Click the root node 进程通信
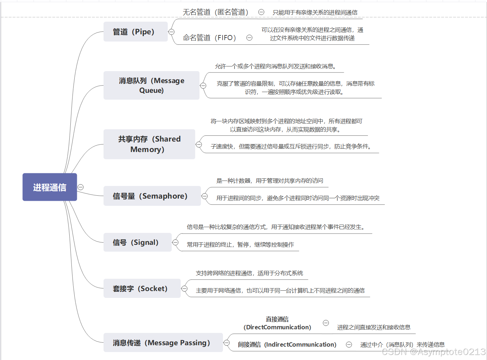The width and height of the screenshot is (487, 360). click(50, 187)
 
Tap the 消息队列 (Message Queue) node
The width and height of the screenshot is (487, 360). click(151, 86)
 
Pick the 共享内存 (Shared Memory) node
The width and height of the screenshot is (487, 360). click(149, 144)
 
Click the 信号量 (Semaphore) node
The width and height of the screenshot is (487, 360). click(152, 196)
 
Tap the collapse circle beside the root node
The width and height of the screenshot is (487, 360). click(81, 187)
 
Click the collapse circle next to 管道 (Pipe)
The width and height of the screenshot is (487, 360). click(172, 32)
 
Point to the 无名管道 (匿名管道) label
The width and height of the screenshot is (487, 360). click(215, 12)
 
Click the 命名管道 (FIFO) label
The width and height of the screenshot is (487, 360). click(210, 38)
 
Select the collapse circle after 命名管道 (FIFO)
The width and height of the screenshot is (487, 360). click(249, 38)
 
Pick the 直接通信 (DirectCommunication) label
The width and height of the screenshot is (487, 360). click(277, 323)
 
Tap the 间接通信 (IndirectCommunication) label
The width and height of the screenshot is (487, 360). click(287, 344)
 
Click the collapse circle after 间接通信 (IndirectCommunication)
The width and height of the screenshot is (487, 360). click(349, 344)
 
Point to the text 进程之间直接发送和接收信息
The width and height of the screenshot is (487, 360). click(374, 327)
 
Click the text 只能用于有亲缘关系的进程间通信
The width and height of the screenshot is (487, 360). click(315, 12)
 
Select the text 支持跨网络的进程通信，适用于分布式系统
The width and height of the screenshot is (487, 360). click(249, 273)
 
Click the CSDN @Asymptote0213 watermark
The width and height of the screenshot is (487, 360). click(434, 352)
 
